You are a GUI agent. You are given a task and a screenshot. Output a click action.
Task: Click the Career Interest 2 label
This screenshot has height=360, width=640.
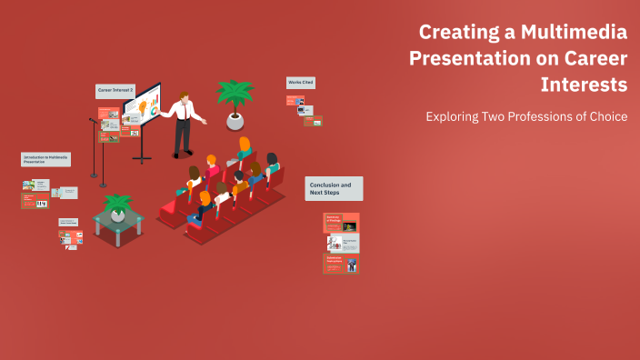click(115, 91)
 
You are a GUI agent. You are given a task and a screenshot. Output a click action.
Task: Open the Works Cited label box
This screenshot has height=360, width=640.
click(300, 83)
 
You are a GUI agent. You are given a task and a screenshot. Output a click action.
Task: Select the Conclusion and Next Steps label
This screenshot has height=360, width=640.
click(334, 188)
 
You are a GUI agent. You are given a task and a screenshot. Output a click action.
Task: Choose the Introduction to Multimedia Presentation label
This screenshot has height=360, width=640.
click(45, 159)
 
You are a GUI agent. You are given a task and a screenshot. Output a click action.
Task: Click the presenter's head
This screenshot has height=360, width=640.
click(184, 97)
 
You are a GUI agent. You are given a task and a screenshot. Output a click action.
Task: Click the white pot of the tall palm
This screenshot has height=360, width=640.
click(235, 120)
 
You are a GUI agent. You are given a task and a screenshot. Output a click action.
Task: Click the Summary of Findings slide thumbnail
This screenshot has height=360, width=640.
click(341, 223)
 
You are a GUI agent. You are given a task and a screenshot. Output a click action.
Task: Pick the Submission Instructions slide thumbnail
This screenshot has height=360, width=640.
click(341, 264)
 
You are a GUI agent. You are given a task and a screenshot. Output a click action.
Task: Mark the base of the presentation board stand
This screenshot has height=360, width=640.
click(143, 159)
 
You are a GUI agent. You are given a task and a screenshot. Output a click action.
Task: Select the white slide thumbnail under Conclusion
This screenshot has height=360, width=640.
click(342, 243)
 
